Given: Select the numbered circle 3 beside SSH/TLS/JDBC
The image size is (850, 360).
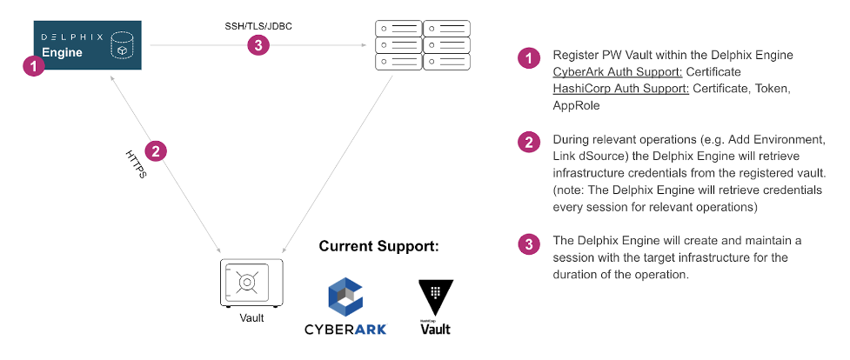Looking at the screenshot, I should click(x=258, y=45).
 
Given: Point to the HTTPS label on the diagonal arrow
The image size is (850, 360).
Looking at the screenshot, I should click(x=136, y=163).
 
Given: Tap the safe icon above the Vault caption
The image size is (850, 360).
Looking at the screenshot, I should click(x=250, y=283).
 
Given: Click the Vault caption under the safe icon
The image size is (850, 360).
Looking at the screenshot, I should click(x=251, y=318).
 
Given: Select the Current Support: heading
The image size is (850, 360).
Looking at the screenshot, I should click(x=378, y=246).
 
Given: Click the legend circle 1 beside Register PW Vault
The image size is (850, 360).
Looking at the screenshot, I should click(x=528, y=58).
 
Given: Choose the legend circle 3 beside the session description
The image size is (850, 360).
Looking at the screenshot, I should click(x=528, y=244).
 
